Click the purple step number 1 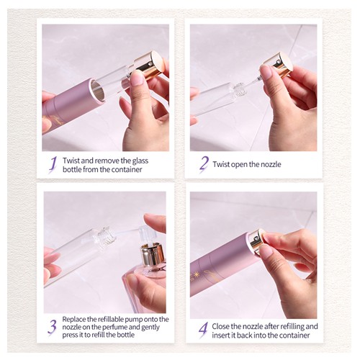pyautogui.click(x=53, y=165)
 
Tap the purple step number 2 pyautogui.click(x=204, y=164)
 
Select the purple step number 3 pyautogui.click(x=52, y=327)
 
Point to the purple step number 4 pyautogui.click(x=203, y=330)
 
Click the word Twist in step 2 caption pyautogui.click(x=220, y=164)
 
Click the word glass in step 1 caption pyautogui.click(x=140, y=161)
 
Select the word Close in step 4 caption pyautogui.click(x=220, y=326)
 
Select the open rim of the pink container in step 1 pyautogui.click(x=98, y=91)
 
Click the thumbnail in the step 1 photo pyautogui.click(x=138, y=77)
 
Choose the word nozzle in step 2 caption pyautogui.click(x=271, y=164)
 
